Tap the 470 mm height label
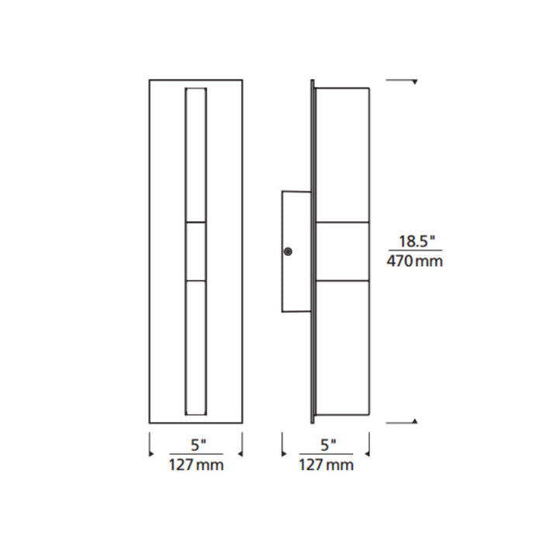[415, 261]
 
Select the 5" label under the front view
[199, 445]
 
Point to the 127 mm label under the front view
[196, 465]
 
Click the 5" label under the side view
[328, 445]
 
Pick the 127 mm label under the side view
[327, 465]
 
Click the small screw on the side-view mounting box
[288, 251]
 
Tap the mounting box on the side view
[296, 252]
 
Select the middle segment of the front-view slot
[196, 251]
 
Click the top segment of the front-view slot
[196, 155]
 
